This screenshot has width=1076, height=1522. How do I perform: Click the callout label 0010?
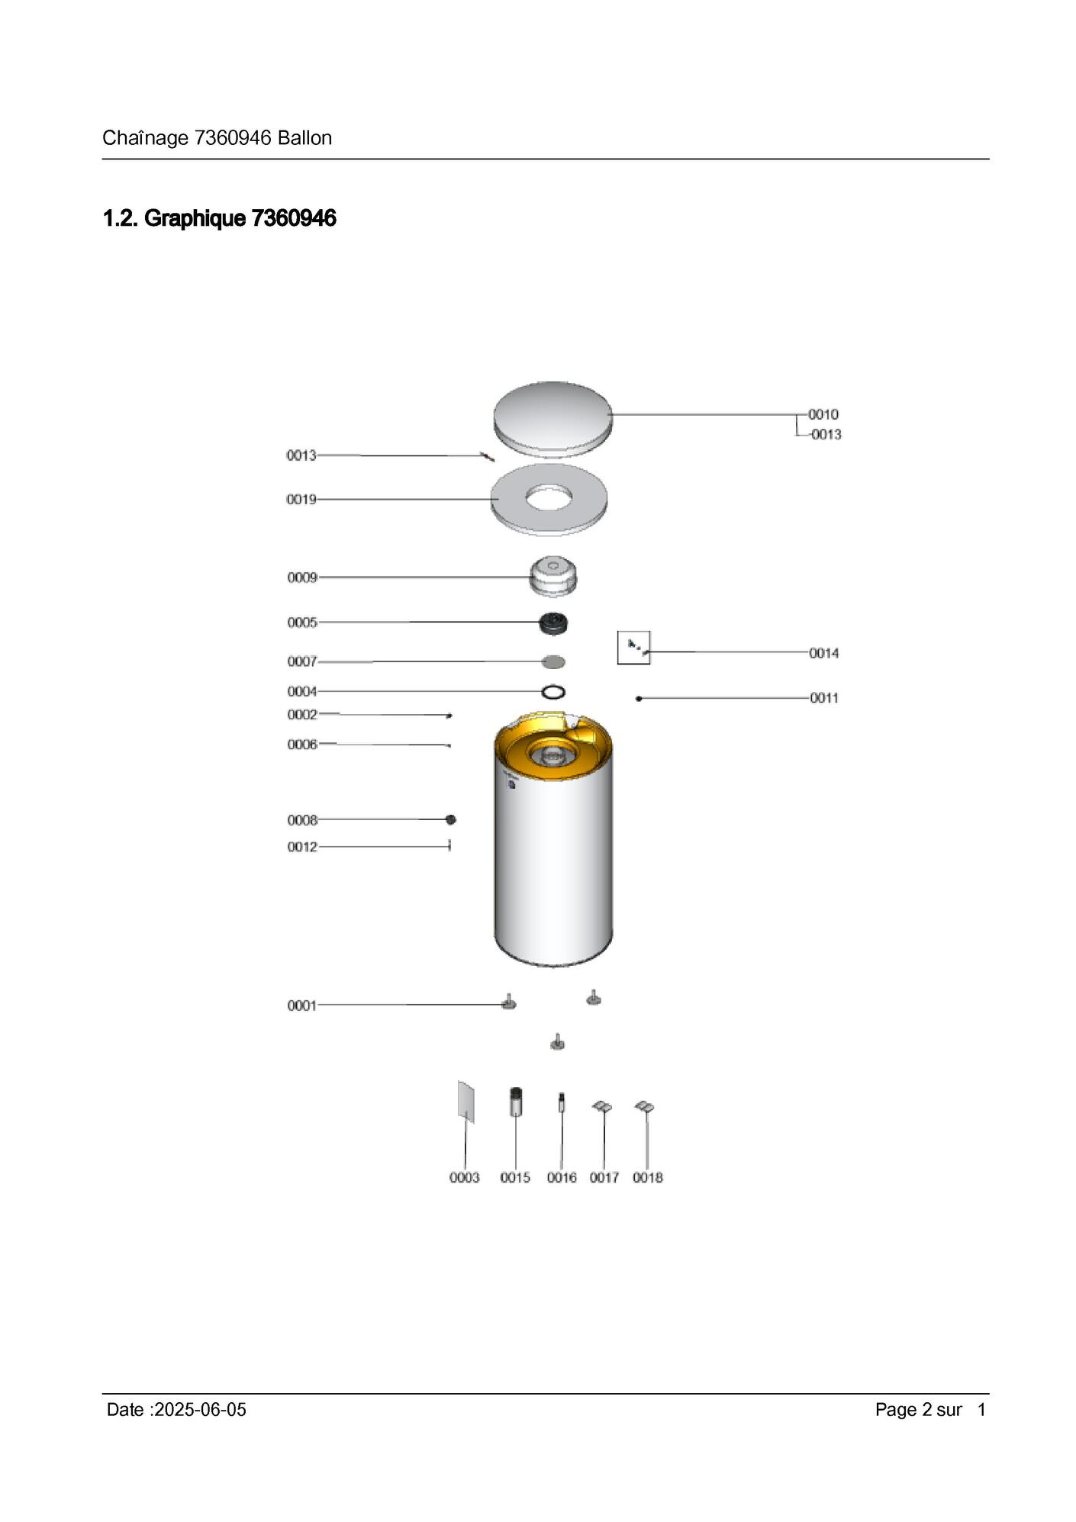pos(823,414)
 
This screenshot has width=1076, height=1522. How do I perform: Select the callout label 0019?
pos(301,499)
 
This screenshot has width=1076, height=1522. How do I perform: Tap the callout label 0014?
pos(824,653)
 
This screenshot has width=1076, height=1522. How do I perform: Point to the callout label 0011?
pos(824,698)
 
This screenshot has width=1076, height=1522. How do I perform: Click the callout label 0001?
pos(302,1006)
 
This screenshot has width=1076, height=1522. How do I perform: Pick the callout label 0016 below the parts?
pos(562,1178)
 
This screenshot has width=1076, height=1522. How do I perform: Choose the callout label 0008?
pos(302,820)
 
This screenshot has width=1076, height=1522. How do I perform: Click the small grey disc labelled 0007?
pos(553,661)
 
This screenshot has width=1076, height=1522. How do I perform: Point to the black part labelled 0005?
pos(553,623)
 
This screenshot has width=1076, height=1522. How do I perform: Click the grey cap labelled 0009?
pos(553,577)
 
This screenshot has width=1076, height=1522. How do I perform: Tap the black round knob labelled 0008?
pos(451,819)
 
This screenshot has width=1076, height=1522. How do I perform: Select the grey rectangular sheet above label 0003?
pos(466,1102)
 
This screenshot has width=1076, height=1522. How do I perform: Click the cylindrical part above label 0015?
pos(516,1102)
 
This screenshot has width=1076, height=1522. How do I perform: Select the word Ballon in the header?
pos(305,138)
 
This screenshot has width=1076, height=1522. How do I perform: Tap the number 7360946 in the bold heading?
pos(294,218)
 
